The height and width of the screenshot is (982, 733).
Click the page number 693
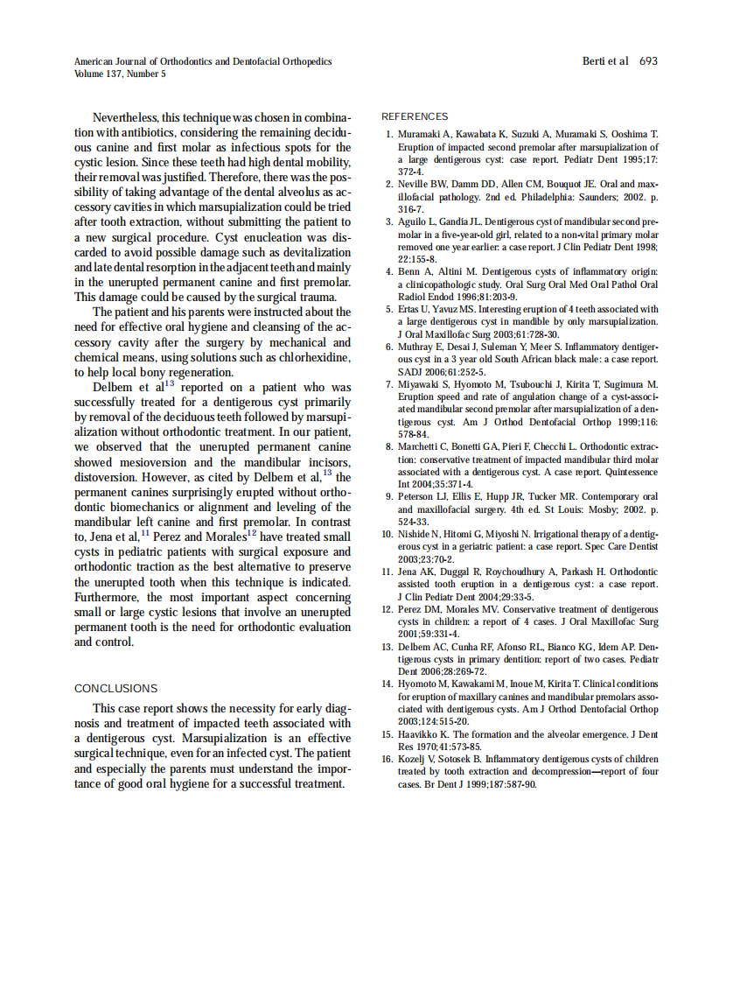click(648, 61)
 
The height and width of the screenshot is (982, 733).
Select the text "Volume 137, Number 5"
click(120, 74)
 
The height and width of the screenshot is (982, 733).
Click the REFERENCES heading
click(415, 116)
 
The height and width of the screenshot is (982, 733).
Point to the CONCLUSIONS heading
click(115, 689)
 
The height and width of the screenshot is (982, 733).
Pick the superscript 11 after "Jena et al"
click(145, 532)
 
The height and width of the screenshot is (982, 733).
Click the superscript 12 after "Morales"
click(251, 532)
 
